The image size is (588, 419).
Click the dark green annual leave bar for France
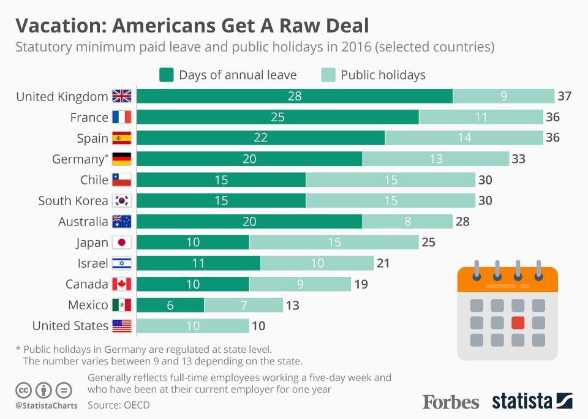click(277, 117)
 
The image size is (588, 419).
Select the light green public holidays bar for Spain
click(464, 138)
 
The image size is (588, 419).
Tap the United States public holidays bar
click(192, 326)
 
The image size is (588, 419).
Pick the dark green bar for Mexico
click(170, 305)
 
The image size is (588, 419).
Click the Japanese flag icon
click(121, 243)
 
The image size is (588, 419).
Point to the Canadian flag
click(121, 284)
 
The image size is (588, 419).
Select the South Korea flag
click(121, 201)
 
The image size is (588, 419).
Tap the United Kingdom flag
click(121, 96)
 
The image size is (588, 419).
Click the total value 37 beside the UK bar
click(565, 96)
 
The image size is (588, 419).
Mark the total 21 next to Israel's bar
click(383, 263)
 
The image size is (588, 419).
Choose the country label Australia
click(83, 222)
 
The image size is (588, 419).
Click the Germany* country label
click(80, 159)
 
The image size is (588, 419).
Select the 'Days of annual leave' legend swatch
click(166, 75)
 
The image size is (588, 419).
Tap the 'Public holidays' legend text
click(383, 75)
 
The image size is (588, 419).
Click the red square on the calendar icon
click(518, 322)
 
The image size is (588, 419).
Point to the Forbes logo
click(451, 402)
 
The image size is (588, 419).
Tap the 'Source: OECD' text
click(118, 405)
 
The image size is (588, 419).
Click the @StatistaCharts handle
click(47, 406)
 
